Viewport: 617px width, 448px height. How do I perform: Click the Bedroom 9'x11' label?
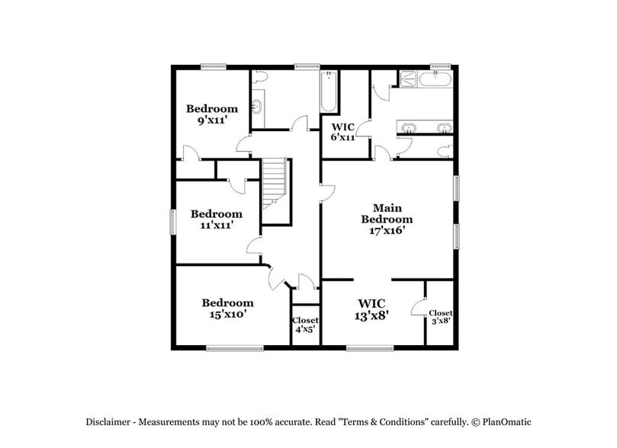[x=212, y=114]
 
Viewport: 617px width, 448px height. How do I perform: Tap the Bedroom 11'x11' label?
[x=216, y=219]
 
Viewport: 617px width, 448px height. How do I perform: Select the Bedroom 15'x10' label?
[x=227, y=307]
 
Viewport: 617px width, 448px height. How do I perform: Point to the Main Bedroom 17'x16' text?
[x=387, y=219]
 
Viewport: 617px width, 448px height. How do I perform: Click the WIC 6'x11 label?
[x=342, y=132]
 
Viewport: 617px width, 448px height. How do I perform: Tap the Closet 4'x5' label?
[x=305, y=325]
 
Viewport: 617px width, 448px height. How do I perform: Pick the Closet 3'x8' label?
[x=441, y=317]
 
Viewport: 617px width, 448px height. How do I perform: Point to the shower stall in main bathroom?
[x=407, y=78]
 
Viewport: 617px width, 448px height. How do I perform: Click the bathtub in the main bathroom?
[x=441, y=78]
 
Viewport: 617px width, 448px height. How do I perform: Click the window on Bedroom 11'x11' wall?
[x=172, y=222]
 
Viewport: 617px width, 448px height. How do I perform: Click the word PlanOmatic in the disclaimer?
[x=506, y=421]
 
